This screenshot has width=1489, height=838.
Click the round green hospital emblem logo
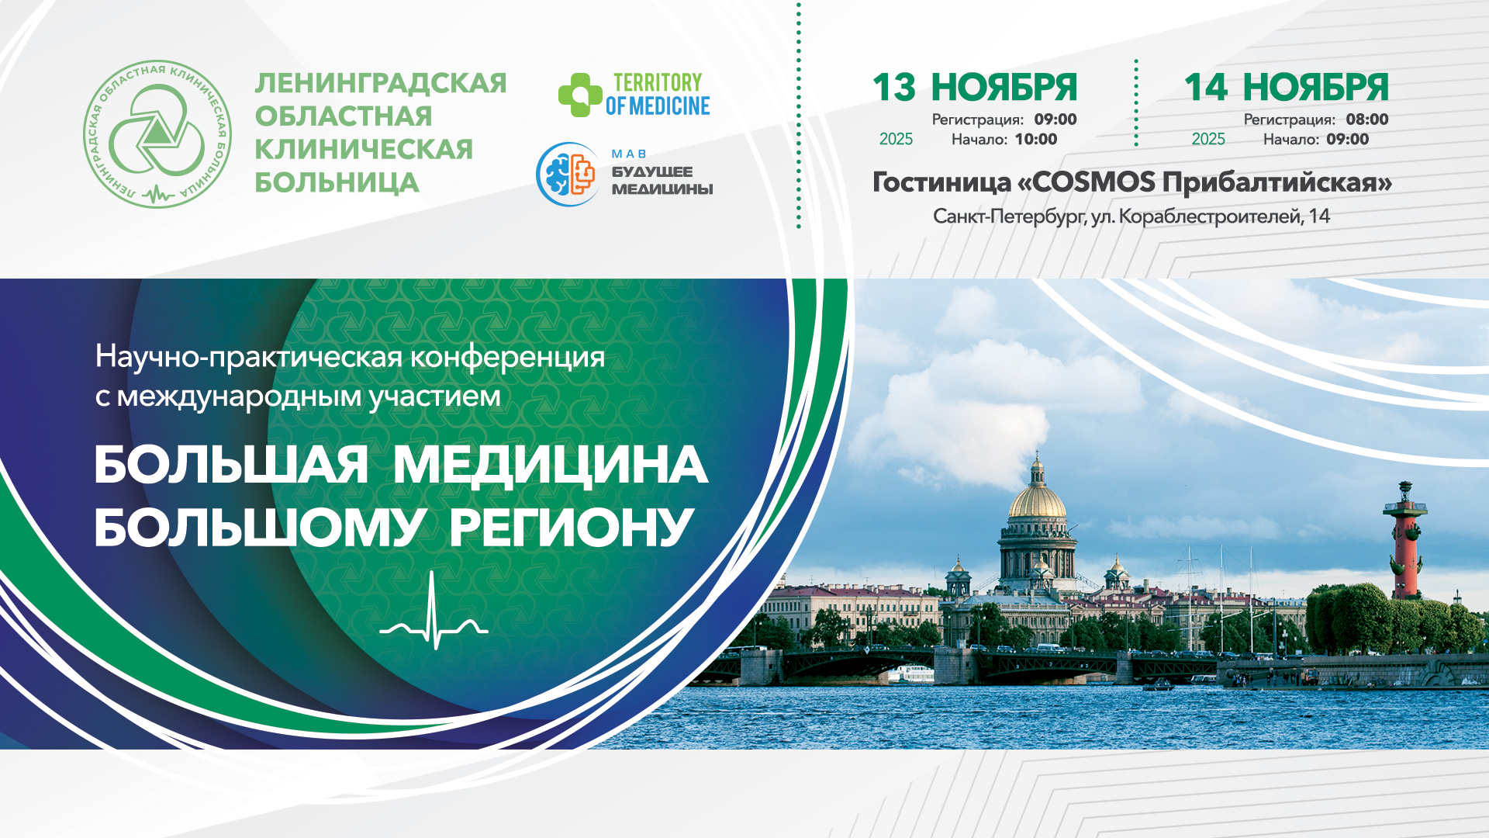point(157,134)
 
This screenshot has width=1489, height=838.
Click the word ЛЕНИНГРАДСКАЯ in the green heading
point(381,83)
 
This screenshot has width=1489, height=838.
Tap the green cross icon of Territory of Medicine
point(579,95)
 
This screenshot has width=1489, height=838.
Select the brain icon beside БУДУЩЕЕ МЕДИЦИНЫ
point(568,174)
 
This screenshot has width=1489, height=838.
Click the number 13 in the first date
point(893,87)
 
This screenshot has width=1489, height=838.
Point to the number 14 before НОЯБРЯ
point(1205,87)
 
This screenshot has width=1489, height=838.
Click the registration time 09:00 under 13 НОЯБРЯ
point(1055,119)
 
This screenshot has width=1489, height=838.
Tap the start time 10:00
point(1036,140)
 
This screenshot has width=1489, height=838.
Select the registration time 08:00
point(1367,119)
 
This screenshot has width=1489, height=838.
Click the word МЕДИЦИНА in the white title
point(550,466)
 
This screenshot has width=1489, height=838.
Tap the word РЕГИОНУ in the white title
point(571,528)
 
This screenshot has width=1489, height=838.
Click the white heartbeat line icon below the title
point(434,613)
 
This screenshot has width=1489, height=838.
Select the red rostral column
point(1404,543)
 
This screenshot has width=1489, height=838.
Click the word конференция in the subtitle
point(507,358)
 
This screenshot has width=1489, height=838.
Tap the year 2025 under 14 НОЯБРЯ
point(1208,139)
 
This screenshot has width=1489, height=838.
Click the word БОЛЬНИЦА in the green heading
point(337,183)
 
